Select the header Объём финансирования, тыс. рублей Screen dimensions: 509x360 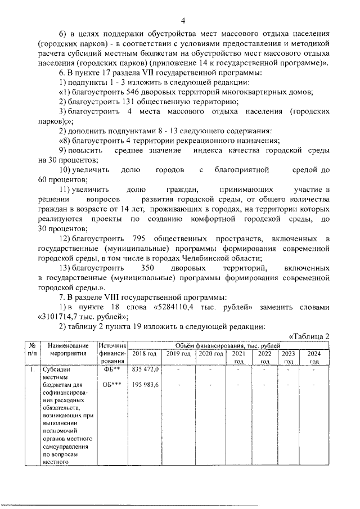(227, 344)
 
